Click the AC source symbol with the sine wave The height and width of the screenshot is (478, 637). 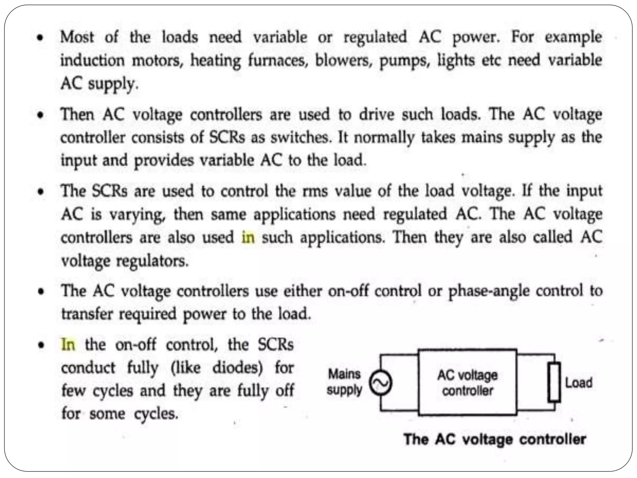click(x=380, y=383)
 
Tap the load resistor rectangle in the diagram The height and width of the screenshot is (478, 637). click(x=554, y=382)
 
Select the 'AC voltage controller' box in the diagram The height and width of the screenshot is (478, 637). click(x=467, y=382)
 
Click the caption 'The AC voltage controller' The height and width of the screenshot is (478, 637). click(x=495, y=439)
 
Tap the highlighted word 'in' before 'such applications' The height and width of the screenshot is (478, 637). click(x=248, y=237)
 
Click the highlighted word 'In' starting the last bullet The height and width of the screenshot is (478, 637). click(x=68, y=345)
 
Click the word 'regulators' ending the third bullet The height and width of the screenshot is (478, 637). click(x=152, y=261)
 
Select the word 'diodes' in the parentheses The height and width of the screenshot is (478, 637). click(x=237, y=368)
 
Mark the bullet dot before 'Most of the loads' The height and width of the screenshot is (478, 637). click(x=40, y=38)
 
